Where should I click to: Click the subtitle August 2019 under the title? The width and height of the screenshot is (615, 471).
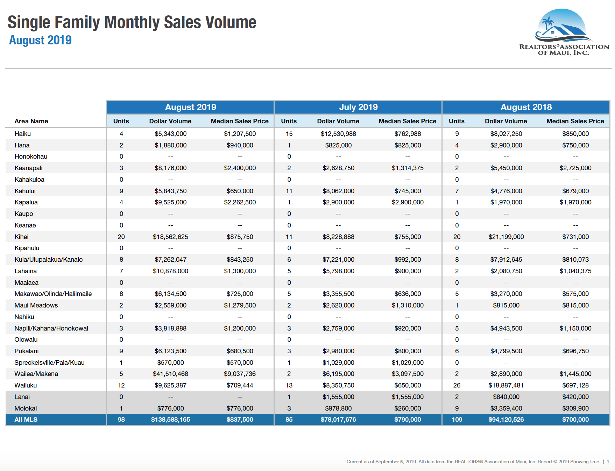(40, 40)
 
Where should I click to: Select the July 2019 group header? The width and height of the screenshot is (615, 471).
(358, 107)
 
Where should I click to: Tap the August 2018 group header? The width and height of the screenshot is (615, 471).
(526, 107)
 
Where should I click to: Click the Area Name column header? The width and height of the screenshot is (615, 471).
(31, 121)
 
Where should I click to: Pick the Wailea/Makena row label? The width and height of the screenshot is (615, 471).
(36, 374)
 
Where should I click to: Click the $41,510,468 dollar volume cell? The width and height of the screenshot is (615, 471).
(170, 374)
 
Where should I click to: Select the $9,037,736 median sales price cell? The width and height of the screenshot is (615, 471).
(240, 374)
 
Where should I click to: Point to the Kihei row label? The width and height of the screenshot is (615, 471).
(21, 237)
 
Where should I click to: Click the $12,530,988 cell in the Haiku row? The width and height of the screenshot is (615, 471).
(338, 134)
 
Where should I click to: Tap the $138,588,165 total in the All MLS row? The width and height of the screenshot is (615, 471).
(170, 420)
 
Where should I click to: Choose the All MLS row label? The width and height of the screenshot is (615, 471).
(26, 420)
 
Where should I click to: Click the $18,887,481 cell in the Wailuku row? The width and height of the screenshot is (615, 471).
(506, 385)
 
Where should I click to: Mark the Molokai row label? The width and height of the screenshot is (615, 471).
(26, 408)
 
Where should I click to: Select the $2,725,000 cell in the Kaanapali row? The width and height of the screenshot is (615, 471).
(575, 168)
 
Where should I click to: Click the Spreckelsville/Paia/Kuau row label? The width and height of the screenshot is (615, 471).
(49, 363)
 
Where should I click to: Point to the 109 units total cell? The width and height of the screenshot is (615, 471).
(457, 420)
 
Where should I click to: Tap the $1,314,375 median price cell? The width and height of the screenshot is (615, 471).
(408, 168)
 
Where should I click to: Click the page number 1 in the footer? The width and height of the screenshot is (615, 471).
(608, 462)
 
